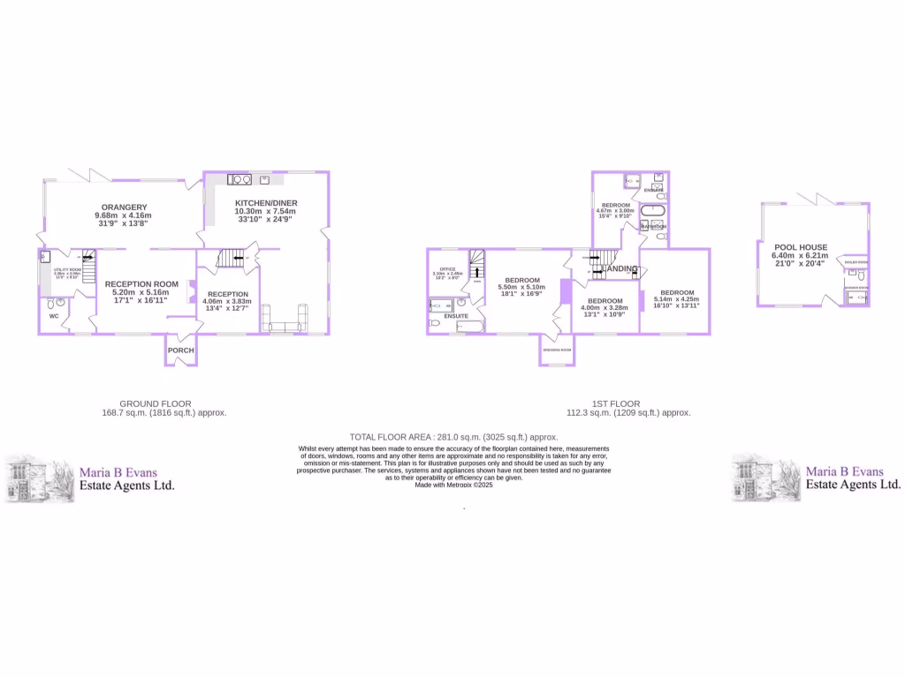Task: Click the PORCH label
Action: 181,350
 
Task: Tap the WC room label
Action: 54,315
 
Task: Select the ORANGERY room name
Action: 123,207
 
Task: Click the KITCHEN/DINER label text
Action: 266,203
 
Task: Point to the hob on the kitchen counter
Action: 240,179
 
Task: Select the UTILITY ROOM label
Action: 67,270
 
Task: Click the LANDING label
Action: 620,268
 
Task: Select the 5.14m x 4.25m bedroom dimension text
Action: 676,299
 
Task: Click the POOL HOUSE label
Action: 801,247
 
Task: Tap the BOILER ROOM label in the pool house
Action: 856,262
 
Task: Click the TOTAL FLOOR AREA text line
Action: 453,437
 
